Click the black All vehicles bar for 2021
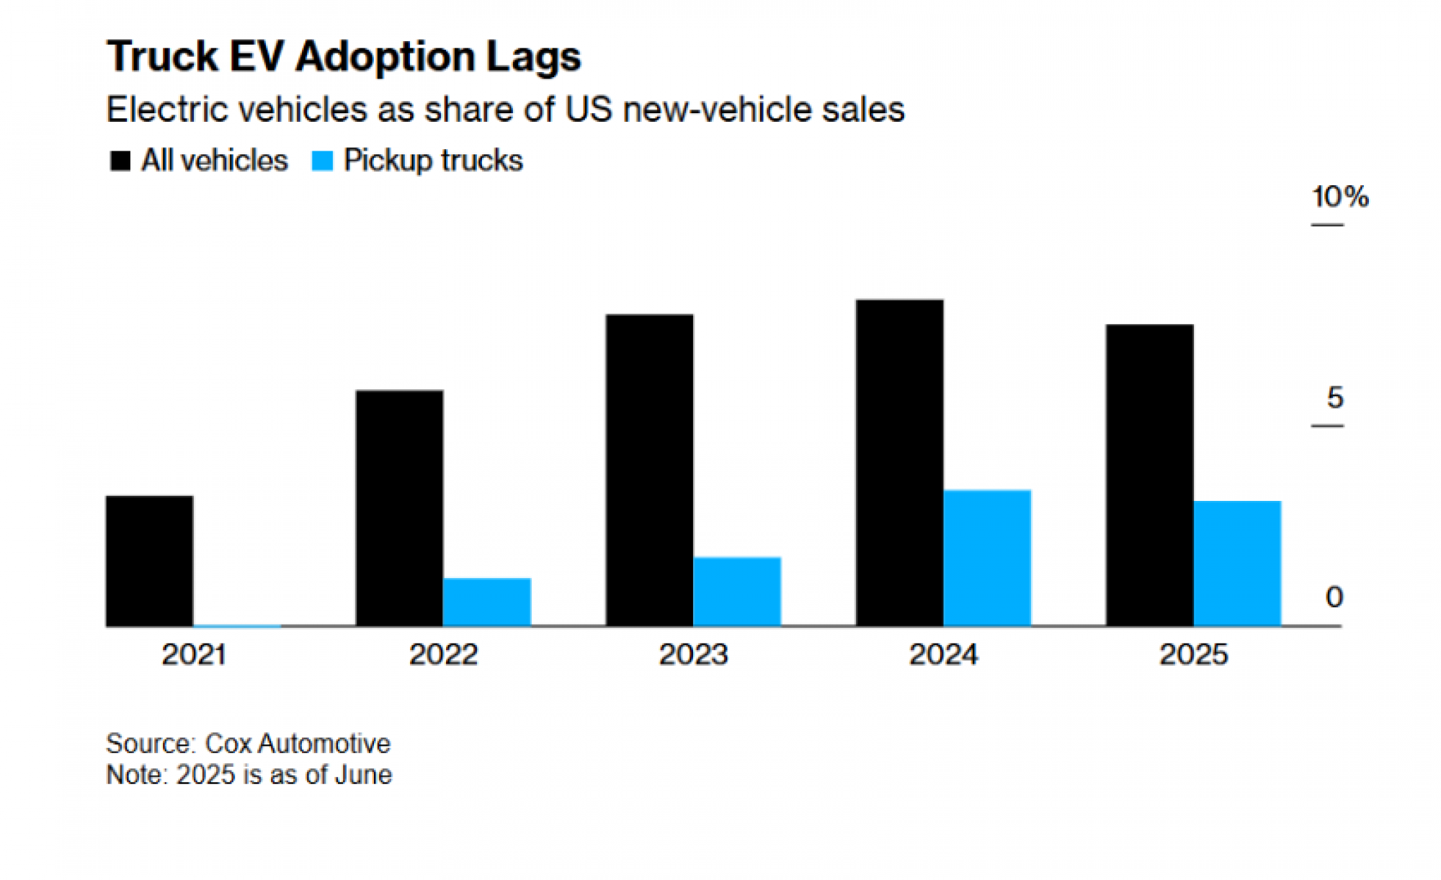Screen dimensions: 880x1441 point(149,561)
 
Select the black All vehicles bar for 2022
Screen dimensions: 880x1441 point(399,508)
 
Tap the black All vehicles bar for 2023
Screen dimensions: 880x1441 point(649,470)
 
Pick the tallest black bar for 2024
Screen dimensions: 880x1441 point(899,463)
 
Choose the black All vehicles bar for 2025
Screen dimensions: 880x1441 point(1149,475)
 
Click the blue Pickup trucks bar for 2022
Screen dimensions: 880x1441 point(487,602)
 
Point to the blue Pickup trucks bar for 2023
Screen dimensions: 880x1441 point(737,591)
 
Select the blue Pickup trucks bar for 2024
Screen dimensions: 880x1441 point(987,558)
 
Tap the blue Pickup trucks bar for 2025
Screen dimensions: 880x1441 point(1237,563)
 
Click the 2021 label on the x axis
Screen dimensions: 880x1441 point(194,654)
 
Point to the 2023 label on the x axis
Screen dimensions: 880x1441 point(693,654)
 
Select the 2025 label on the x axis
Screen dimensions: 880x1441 point(1193,654)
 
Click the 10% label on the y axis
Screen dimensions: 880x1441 point(1339,197)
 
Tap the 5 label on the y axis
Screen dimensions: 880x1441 point(1334,397)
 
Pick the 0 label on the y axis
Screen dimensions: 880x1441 point(1334,597)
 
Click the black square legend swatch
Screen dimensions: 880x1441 point(120,161)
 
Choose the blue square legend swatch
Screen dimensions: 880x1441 point(322,161)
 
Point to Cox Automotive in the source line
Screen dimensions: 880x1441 point(298,743)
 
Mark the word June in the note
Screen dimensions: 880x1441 point(363,775)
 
